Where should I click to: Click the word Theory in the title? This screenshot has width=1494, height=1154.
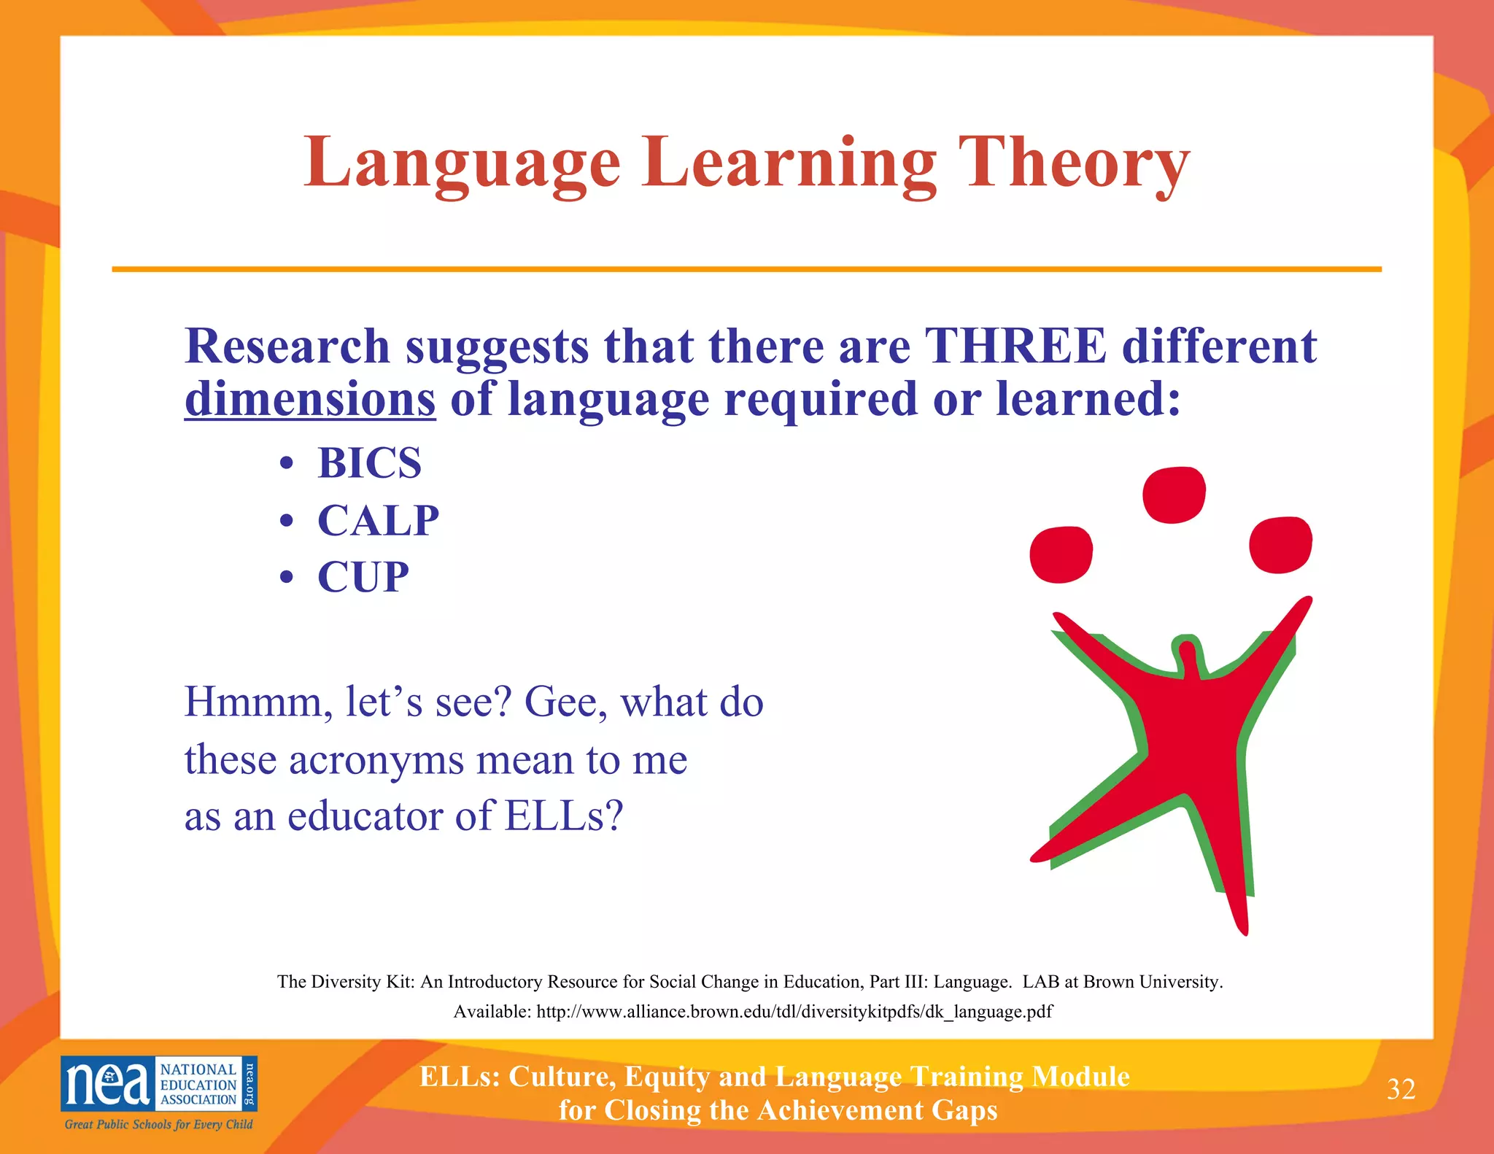coord(1074,163)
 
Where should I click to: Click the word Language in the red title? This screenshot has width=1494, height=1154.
coord(462,163)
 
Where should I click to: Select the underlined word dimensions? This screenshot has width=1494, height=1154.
coord(310,400)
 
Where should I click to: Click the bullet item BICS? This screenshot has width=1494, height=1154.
coord(369,463)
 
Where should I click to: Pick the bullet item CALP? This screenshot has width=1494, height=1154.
coord(378,521)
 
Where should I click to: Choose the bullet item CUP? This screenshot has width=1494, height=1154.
coord(363,578)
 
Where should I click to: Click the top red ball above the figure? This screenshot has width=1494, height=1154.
coord(1173,495)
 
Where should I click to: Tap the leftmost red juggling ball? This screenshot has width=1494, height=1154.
coord(1061,554)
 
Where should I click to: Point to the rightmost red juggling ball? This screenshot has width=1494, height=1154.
coord(1280,545)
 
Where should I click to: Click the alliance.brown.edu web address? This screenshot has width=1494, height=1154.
coord(794,1012)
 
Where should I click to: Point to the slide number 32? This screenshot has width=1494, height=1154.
coord(1401,1089)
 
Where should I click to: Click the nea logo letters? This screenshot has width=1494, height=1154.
coord(107,1083)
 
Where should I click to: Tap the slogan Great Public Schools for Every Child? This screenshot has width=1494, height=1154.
coord(158,1124)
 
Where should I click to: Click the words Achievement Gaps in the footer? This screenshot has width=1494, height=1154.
coord(877,1110)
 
